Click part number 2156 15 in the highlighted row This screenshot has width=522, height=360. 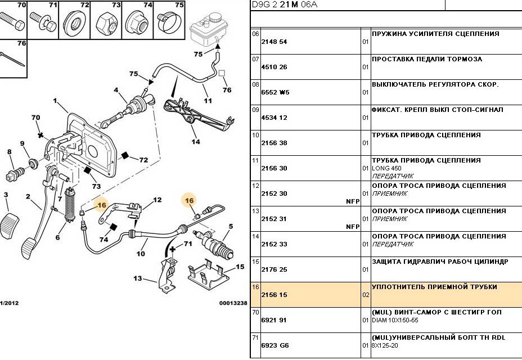point(274,295)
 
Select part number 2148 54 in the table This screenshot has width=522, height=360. point(274,42)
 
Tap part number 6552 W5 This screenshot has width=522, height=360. point(274,92)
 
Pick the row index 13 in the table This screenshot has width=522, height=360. point(255,211)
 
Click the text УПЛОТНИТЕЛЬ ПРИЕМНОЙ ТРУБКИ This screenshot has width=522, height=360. point(434,287)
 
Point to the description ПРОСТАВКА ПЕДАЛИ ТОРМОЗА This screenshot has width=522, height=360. point(426,59)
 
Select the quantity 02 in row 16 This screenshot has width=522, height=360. point(366,295)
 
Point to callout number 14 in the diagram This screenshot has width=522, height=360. point(195,142)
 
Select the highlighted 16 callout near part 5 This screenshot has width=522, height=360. point(189,200)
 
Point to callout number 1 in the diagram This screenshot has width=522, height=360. point(55,101)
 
